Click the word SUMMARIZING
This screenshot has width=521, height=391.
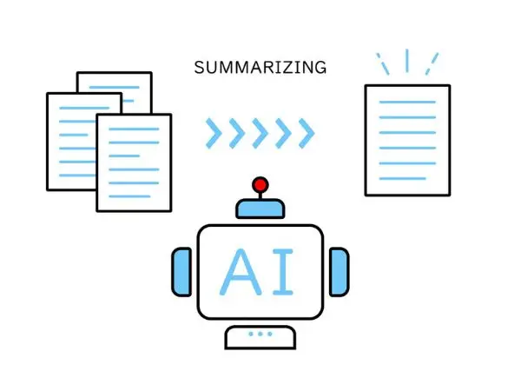[260, 68]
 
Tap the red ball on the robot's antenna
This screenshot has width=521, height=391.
[260, 184]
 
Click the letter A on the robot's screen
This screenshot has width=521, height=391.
[241, 272]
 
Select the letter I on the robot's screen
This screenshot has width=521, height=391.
[283, 272]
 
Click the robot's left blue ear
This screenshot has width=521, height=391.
[181, 272]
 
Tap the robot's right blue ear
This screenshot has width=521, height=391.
[339, 272]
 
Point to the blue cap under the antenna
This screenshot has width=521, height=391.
[260, 209]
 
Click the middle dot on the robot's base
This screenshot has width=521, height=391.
[260, 334]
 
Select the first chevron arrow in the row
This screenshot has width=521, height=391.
[214, 133]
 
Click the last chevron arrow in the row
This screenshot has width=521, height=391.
[307, 133]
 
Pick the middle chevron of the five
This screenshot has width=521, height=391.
[260, 133]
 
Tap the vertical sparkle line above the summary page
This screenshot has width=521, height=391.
[407, 61]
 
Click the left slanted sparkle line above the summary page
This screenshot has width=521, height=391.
[383, 63]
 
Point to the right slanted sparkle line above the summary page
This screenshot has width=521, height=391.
[432, 63]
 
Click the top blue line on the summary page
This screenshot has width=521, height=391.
[407, 102]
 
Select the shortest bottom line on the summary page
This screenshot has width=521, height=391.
[403, 178]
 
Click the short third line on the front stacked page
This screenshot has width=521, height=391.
[124, 156]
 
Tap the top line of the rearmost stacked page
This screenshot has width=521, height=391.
[115, 88]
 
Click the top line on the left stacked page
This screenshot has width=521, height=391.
[84, 108]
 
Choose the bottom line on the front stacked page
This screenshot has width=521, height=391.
[129, 196]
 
